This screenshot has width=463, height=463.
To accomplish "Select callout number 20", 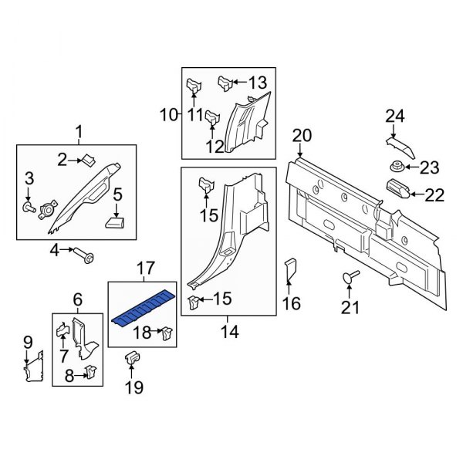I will (x=301, y=136).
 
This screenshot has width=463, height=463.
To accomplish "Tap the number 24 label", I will (x=395, y=117).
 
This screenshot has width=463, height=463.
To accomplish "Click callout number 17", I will (x=146, y=269).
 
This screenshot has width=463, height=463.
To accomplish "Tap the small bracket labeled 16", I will (x=292, y=269).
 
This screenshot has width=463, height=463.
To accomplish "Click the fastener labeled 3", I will (x=29, y=208).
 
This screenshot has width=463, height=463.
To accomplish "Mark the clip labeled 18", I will (x=164, y=334).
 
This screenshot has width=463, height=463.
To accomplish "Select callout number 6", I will (x=77, y=299).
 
